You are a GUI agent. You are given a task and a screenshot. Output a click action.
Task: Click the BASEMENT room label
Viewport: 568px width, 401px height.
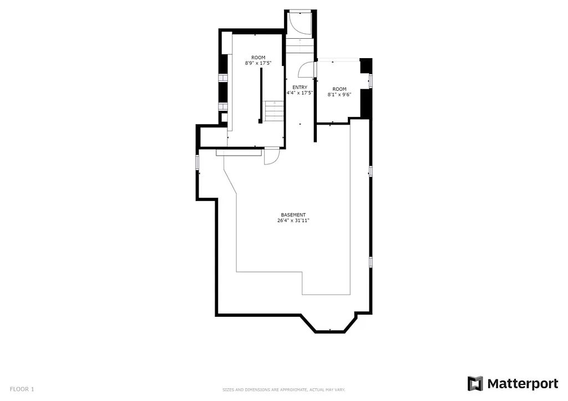293,215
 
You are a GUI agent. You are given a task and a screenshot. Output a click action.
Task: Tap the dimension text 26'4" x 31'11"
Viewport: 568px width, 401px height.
293,220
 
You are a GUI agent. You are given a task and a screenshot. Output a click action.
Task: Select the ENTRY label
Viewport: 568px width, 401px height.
300,88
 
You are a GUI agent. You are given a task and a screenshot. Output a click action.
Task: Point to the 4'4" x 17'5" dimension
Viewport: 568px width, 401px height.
300,93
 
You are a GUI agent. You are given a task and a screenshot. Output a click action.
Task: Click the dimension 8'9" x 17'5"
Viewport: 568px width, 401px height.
258,63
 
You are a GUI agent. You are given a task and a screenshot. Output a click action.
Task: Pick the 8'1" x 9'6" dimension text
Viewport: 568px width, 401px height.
339,95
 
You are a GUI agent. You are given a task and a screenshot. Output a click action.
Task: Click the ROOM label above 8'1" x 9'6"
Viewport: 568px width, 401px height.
339,89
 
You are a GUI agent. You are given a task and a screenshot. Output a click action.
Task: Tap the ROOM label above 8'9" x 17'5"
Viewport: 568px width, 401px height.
258,58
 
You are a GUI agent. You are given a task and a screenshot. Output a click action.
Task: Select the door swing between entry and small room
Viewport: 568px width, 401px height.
306,69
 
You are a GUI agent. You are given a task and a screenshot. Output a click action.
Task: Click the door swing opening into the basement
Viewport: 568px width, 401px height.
271,157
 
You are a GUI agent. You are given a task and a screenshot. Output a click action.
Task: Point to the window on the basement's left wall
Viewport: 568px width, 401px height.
197,162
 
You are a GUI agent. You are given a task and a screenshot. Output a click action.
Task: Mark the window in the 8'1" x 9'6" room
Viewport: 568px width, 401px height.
371,81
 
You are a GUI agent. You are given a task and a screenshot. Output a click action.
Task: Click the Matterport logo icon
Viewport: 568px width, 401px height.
475,384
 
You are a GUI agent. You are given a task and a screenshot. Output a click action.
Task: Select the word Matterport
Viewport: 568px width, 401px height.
523,384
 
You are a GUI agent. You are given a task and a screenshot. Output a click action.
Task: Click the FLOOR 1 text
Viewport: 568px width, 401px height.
22,389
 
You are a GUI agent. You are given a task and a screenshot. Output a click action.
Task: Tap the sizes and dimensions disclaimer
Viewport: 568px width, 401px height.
283,390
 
